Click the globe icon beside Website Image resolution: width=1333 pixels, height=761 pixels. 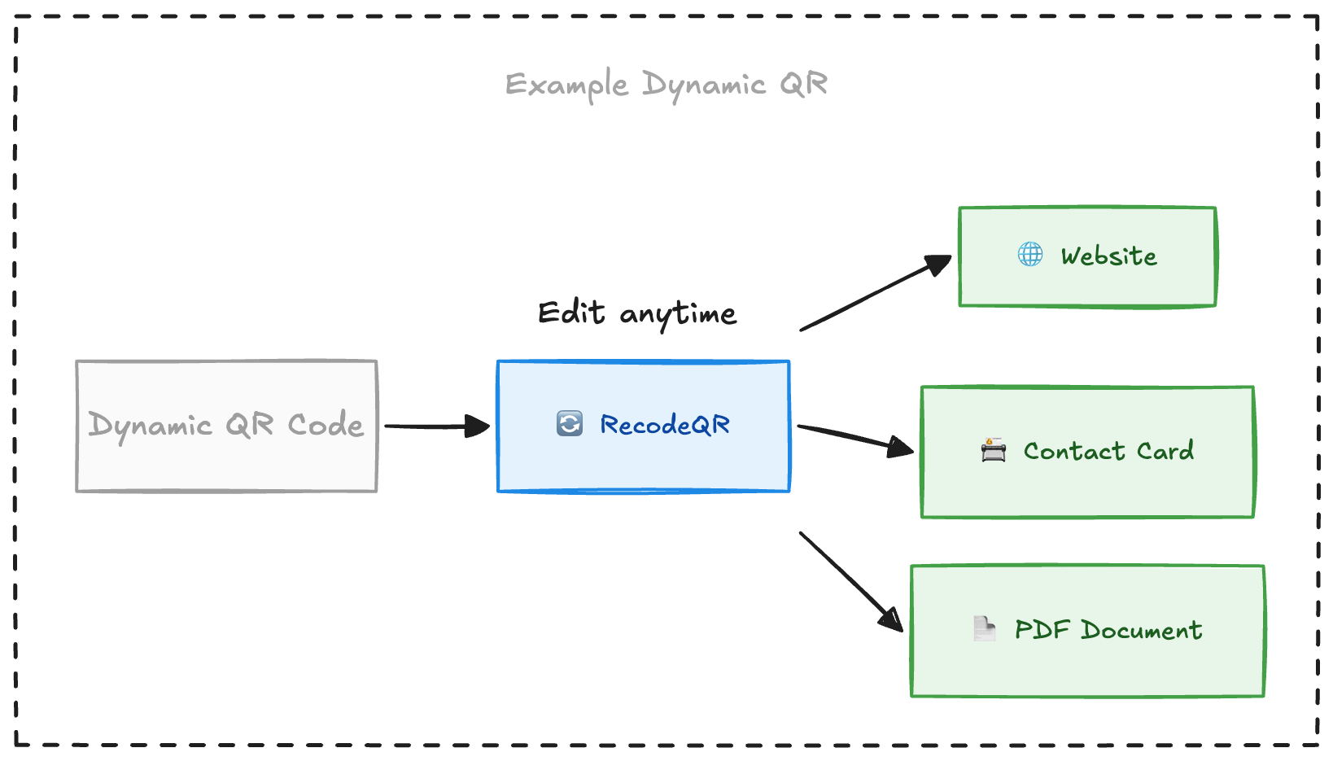coord(1030,255)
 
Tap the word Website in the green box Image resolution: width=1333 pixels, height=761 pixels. coord(1108,256)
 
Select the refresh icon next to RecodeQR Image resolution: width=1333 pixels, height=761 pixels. coord(569,424)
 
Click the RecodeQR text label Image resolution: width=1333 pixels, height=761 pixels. coord(664,425)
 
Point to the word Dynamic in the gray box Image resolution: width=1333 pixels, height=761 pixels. coord(151,426)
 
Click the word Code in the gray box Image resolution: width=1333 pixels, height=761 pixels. coord(325,425)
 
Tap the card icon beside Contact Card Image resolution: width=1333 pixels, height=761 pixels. coord(993,450)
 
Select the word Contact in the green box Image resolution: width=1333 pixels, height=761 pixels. coord(1073,451)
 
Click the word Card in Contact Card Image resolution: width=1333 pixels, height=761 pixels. coord(1165,451)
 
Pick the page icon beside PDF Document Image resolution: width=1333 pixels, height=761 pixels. coord(984,629)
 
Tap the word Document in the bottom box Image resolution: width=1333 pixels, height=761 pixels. coord(1141,630)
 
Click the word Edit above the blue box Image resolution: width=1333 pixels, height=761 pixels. coord(571,313)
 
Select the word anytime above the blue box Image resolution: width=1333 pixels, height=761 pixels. coord(678,314)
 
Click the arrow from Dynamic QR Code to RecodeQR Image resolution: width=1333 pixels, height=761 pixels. coord(436,426)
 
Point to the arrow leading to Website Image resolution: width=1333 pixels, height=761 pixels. coord(875,294)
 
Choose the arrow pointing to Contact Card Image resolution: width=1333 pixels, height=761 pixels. coord(854,437)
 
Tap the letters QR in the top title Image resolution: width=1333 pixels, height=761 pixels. coord(803,84)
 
